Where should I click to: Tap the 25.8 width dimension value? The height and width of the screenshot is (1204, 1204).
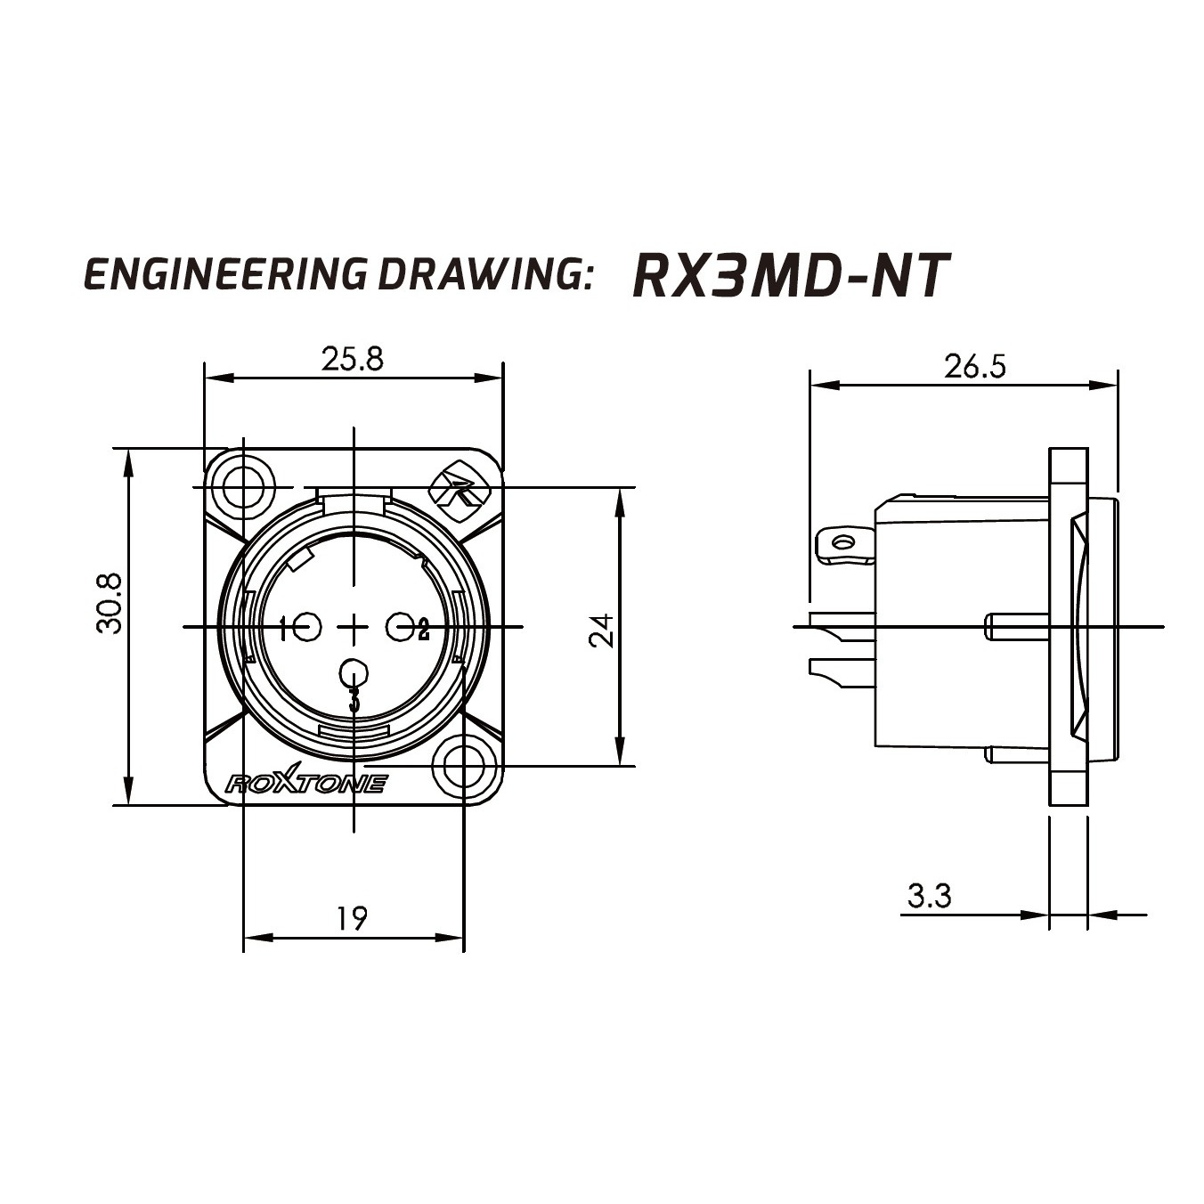click(352, 359)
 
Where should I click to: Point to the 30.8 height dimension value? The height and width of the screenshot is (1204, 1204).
click(110, 604)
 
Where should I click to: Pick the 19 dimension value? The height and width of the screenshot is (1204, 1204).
click(352, 918)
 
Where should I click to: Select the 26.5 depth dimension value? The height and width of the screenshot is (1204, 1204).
click(975, 367)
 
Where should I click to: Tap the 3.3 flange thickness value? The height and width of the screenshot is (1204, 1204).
click(929, 896)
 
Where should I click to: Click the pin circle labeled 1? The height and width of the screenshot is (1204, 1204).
click(306, 626)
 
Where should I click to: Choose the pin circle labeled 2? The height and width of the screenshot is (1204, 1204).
click(401, 626)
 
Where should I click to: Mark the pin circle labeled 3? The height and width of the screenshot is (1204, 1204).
click(354, 673)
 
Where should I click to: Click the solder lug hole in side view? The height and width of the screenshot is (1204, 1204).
click(845, 541)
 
